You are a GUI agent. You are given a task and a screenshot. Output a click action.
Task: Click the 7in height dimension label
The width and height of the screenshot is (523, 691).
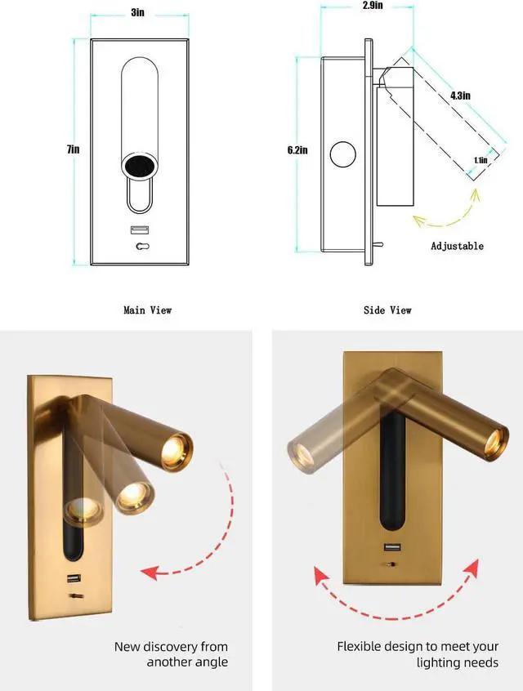pyautogui.click(x=74, y=149)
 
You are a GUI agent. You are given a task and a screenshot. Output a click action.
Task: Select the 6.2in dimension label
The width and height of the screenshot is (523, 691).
pyautogui.click(x=297, y=150)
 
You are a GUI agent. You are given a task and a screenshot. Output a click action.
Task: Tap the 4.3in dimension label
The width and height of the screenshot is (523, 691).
pyautogui.click(x=460, y=96)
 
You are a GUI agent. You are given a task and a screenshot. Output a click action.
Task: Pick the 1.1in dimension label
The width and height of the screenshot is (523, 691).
pyautogui.click(x=481, y=161)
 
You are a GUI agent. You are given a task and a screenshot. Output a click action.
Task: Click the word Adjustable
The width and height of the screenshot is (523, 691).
pyautogui.click(x=457, y=246)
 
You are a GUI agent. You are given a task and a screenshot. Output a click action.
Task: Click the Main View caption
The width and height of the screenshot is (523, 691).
pyautogui.click(x=147, y=310)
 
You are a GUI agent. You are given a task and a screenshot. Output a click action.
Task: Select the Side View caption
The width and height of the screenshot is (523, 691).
pyautogui.click(x=387, y=310)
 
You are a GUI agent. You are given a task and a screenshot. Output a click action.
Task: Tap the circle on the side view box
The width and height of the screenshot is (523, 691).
pyautogui.click(x=342, y=154)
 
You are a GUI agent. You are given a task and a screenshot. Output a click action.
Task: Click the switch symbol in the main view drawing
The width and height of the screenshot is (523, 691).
pyautogui.click(x=142, y=246)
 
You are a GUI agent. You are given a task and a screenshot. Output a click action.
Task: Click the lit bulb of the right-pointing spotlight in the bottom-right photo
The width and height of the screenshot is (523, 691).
pyautogui.click(x=494, y=444)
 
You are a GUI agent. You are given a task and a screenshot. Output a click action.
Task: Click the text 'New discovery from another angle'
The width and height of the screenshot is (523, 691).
pyautogui.click(x=171, y=655)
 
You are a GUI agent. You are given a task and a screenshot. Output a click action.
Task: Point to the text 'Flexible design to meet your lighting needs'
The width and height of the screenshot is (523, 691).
pyautogui.click(x=418, y=655)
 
